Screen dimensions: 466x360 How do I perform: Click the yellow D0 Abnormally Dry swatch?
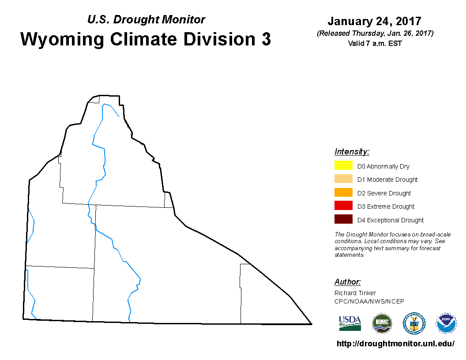[x=343, y=165]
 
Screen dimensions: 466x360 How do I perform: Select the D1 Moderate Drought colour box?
[x=343, y=179]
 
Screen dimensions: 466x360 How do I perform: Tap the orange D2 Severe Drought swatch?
[x=343, y=192]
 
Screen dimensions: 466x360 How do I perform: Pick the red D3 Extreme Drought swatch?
[x=343, y=206]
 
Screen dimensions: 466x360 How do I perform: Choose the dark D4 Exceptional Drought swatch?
[x=343, y=219]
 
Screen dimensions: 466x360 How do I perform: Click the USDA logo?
[x=350, y=323]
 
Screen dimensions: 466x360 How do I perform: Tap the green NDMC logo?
[x=382, y=323]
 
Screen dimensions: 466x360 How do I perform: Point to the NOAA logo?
[x=446, y=323]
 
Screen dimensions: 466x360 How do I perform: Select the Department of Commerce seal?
[x=414, y=323]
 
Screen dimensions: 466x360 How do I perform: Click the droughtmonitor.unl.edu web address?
[x=395, y=344]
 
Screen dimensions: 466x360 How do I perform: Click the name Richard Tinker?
[x=355, y=293]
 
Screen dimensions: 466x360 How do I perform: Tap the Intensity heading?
[x=352, y=151]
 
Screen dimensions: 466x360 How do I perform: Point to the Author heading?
[x=347, y=281]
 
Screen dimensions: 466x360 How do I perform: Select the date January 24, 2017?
[x=375, y=21]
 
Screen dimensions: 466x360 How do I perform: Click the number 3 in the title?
[x=266, y=39]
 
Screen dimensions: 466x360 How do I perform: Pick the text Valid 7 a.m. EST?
[x=375, y=43]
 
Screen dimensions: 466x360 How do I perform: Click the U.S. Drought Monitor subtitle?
[x=146, y=19]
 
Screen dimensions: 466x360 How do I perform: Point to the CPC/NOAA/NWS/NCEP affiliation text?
[x=369, y=301]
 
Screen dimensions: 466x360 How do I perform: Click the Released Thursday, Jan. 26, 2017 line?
[x=375, y=33]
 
